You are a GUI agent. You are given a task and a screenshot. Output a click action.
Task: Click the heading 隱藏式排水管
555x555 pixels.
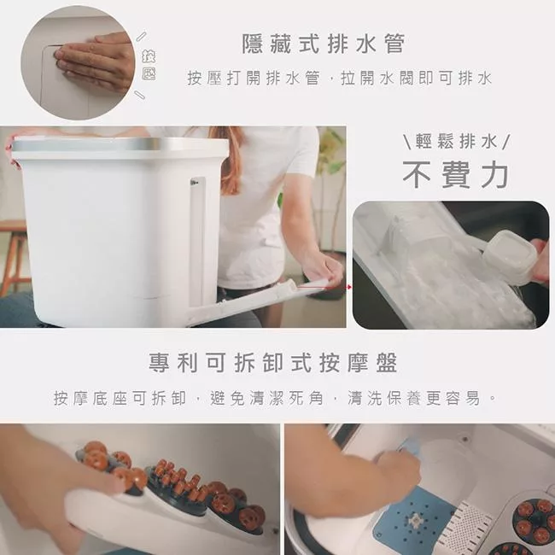(x=323, y=44)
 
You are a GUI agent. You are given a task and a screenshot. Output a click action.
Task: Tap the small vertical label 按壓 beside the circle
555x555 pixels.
(x=149, y=65)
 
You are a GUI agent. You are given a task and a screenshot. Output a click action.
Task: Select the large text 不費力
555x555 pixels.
(x=456, y=175)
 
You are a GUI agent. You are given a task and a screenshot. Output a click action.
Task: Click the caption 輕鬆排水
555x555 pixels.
(x=456, y=142)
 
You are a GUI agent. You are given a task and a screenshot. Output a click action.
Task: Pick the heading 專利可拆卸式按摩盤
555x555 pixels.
(x=273, y=362)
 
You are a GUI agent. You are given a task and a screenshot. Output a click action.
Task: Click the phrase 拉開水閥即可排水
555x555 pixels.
(x=417, y=79)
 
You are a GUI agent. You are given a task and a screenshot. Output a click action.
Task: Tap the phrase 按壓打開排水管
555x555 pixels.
(x=253, y=79)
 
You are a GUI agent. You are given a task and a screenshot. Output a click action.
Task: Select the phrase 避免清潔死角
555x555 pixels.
(x=266, y=398)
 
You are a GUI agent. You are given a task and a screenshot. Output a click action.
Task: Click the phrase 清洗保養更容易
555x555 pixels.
(x=414, y=398)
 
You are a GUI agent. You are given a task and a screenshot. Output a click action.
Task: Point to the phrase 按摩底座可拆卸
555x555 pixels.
(x=120, y=398)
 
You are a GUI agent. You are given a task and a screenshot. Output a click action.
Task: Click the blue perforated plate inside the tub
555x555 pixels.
(x=415, y=519)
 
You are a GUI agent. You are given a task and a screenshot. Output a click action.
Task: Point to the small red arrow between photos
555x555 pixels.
(x=349, y=287)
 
